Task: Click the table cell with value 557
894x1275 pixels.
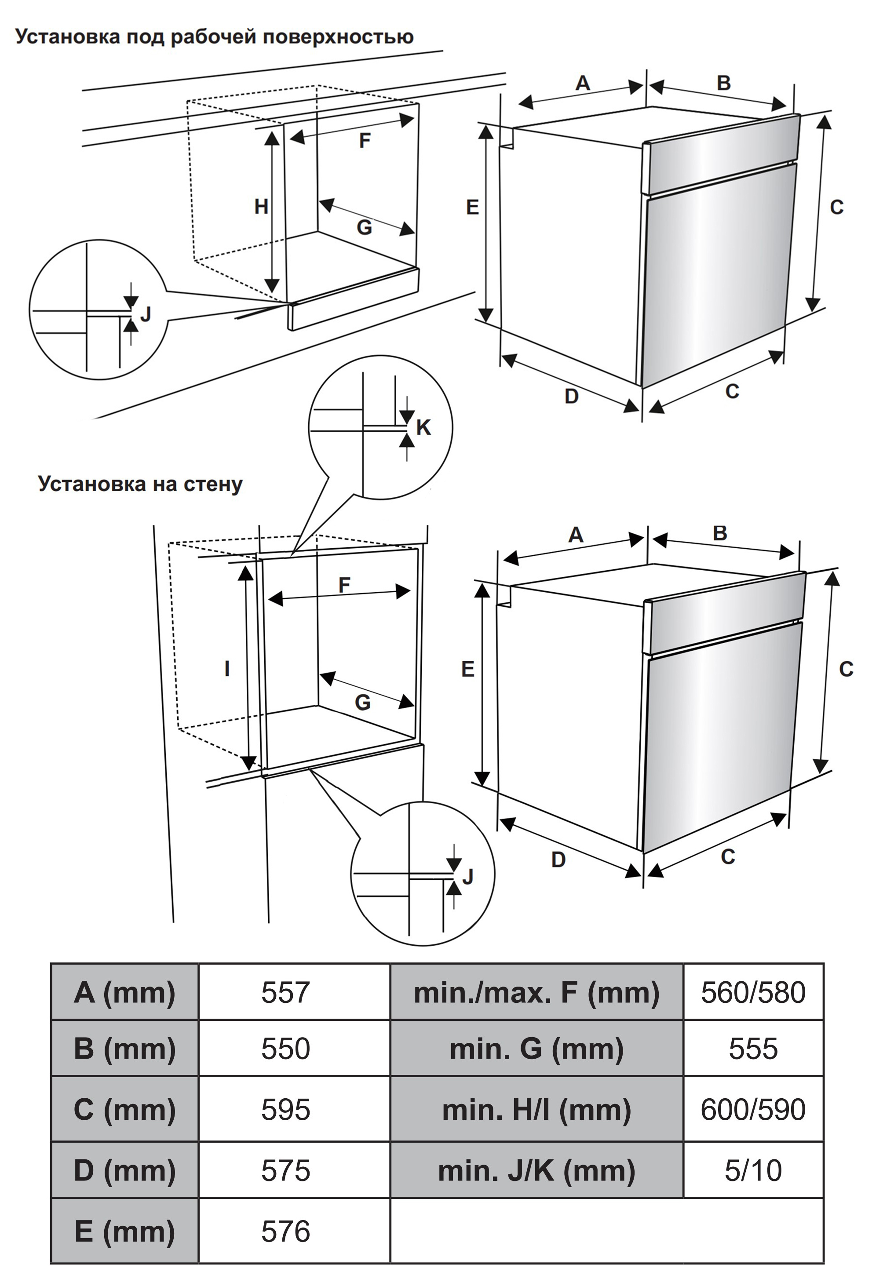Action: (285, 992)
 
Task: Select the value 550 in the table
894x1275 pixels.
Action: (285, 1049)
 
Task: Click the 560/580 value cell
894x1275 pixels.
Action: (752, 992)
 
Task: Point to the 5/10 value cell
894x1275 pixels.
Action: (752, 1170)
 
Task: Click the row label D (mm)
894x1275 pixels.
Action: (124, 1170)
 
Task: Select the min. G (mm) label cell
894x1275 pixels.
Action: (536, 1049)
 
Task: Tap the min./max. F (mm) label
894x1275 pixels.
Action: (536, 992)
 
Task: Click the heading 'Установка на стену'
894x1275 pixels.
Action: (140, 484)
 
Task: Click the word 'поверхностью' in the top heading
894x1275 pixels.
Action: (338, 36)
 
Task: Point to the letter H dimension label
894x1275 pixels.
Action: (261, 207)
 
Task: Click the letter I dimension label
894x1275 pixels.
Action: (226, 669)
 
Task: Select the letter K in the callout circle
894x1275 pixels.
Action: (423, 427)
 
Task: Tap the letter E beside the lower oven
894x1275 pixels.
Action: (467, 669)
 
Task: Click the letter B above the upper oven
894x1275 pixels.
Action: (723, 83)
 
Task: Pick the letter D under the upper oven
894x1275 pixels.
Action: (571, 396)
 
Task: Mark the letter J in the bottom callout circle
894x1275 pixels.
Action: (467, 876)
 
